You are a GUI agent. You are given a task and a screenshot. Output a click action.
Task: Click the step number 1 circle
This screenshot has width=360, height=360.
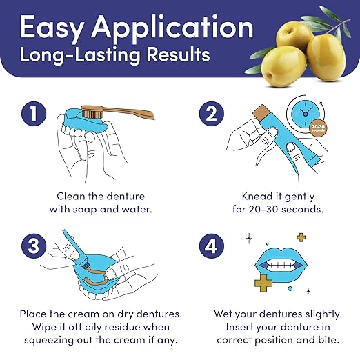[x=34, y=114]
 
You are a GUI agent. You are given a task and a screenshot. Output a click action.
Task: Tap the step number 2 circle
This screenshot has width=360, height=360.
[x=211, y=114]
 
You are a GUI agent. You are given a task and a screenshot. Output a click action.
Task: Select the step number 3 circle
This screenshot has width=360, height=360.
[x=34, y=246]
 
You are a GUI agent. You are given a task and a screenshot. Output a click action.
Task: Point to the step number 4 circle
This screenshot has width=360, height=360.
[x=211, y=246]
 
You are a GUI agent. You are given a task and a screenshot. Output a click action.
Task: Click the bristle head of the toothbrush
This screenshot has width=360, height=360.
[x=91, y=112]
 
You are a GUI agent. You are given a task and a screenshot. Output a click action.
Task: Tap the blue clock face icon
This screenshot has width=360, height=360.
[x=306, y=114]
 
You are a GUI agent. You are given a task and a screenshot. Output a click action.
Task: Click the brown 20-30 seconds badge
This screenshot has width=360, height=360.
[x=318, y=128]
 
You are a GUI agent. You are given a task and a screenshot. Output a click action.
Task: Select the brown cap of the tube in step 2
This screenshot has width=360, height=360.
[x=261, y=112]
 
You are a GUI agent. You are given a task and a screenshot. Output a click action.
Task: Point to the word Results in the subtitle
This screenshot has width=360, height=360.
[x=178, y=54]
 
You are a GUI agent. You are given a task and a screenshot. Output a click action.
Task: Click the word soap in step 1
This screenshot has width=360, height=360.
[x=85, y=210]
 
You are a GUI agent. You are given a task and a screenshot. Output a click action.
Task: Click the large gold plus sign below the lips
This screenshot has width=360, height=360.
[x=263, y=283]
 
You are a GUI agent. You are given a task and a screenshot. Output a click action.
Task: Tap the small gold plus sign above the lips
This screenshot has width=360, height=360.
[x=301, y=237]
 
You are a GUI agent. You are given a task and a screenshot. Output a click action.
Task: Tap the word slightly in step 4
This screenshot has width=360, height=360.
[x=323, y=314]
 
